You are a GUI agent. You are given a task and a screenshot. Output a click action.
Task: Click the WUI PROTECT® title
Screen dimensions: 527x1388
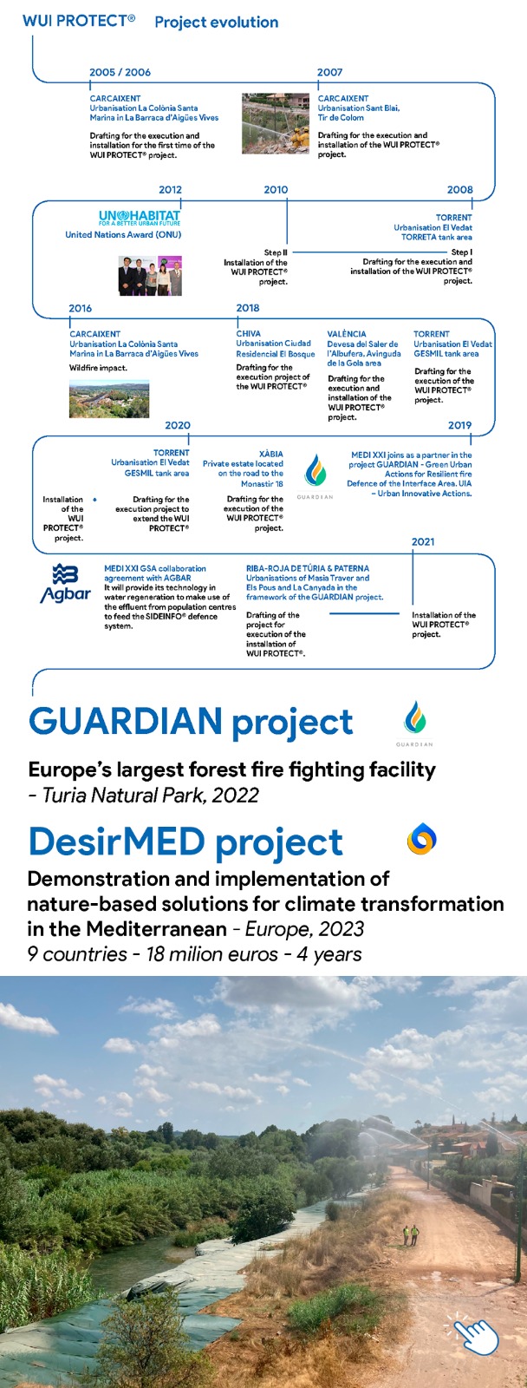coord(79,21)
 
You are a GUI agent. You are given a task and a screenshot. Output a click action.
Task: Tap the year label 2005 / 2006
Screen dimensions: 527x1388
coord(120,72)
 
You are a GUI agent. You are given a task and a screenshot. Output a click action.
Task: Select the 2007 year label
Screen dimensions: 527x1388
coord(330,72)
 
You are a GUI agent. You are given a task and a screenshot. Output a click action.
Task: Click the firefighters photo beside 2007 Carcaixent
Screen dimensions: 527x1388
coord(276,123)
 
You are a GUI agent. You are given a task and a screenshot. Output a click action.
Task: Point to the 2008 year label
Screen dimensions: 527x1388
coord(460,190)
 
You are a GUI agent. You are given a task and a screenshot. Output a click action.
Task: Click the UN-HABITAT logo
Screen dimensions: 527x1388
coord(140,218)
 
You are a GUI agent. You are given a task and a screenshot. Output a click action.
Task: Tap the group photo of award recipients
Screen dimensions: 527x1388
coord(151,276)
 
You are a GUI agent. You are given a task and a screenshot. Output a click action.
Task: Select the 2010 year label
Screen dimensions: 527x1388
coord(277,190)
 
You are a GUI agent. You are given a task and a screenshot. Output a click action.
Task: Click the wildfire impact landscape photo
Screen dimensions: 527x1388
coord(109,399)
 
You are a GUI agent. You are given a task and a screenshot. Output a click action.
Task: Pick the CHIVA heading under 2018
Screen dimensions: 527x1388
coord(248,333)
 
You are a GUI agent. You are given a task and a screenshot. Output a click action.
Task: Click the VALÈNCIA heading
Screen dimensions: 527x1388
coord(347,333)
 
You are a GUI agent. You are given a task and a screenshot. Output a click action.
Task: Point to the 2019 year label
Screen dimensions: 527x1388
coord(460,425)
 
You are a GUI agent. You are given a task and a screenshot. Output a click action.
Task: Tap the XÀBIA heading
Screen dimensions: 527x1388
coord(271,454)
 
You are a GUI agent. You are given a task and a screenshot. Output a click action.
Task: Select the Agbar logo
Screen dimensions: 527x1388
coord(66,584)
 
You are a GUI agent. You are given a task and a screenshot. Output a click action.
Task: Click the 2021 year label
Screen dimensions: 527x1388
coord(423,541)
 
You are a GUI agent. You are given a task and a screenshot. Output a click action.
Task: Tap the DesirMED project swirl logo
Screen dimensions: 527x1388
coord(422,838)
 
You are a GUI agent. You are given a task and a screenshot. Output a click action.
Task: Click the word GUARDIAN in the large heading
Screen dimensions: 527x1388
coord(126,721)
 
